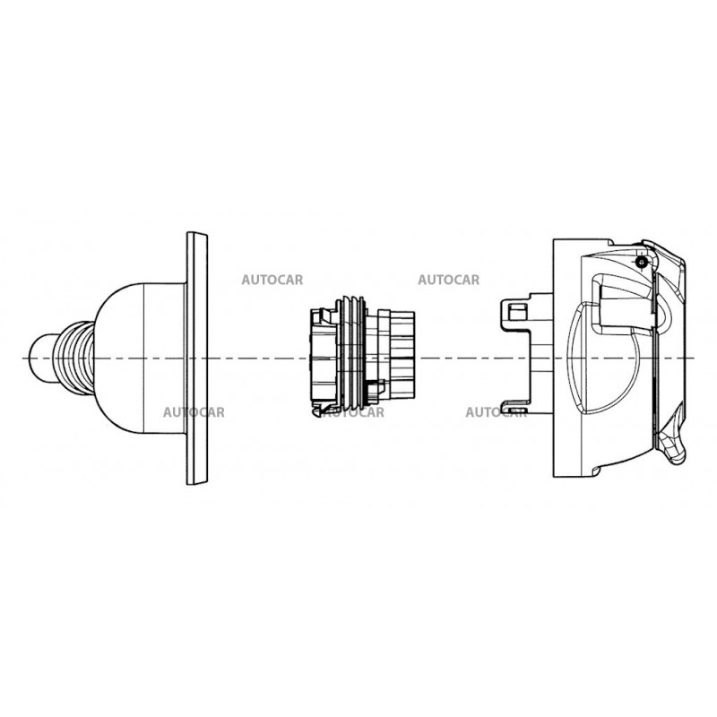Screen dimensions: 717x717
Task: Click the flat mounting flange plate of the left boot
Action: coord(197,358)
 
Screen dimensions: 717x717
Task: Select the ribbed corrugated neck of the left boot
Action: coord(73,358)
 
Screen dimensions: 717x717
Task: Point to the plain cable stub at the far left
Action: coord(42,358)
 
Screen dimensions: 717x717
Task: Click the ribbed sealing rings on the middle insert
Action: coord(351,353)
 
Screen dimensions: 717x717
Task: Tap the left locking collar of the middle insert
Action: coord(324,358)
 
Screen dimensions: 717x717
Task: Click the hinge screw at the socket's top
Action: coord(643,262)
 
